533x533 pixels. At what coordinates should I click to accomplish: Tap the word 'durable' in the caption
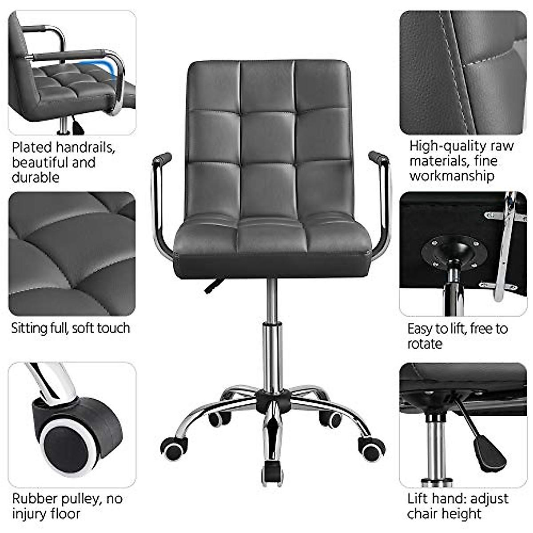[35, 177]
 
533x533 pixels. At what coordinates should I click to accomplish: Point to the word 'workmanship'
[451, 176]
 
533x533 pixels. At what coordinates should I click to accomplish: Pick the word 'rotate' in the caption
[425, 344]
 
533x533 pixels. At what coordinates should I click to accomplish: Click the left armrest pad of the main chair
[162, 158]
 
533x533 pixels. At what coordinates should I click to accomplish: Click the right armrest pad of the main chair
[378, 157]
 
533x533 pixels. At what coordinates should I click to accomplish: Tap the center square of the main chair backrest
[268, 138]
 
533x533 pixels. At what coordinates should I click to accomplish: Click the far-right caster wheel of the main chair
[371, 449]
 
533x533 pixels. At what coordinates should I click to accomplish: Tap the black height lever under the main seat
[214, 285]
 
